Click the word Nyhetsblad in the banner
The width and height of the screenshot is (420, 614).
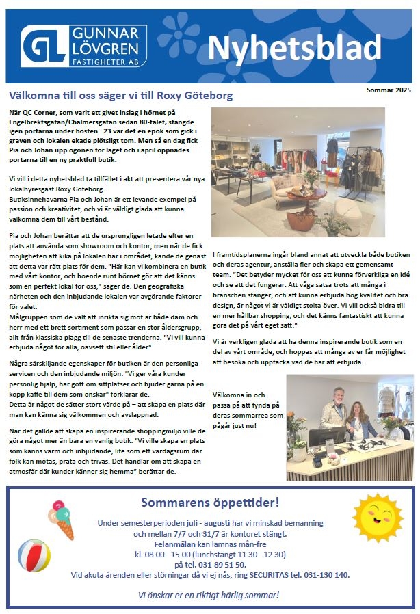pyautogui.click(x=293, y=47)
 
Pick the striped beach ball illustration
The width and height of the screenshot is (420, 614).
pyautogui.click(x=34, y=555)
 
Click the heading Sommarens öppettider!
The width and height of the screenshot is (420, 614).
pyautogui.click(x=210, y=503)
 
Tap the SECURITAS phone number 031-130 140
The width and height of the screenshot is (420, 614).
pyautogui.click(x=323, y=575)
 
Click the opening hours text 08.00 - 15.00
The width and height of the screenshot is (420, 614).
pyautogui.click(x=166, y=554)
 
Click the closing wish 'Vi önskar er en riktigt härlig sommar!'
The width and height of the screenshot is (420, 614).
pyautogui.click(x=210, y=595)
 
